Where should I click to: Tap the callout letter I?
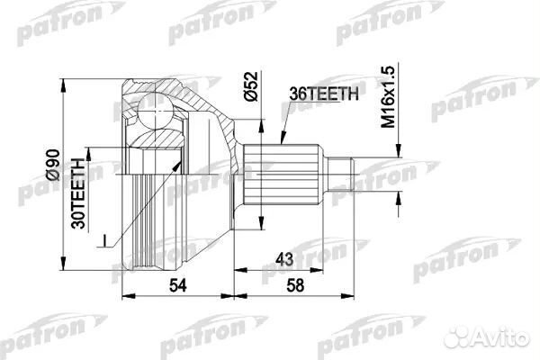coord(105,239)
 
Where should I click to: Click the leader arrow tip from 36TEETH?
coord(281,148)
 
